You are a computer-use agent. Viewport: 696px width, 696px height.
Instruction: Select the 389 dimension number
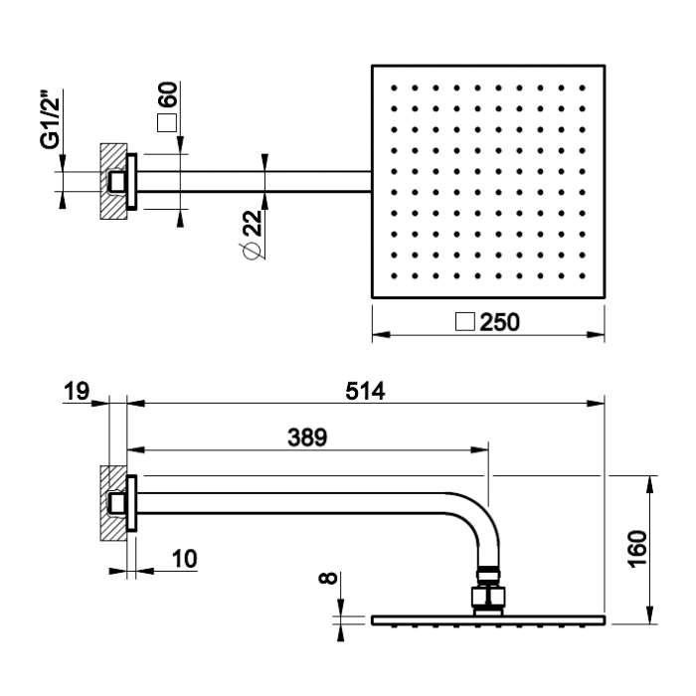tap(304, 437)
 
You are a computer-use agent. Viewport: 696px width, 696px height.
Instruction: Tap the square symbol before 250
tap(463, 322)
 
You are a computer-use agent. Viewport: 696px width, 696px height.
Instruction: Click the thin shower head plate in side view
tap(488, 620)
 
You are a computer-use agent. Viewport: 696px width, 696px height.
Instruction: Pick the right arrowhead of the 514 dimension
tap(601, 403)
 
